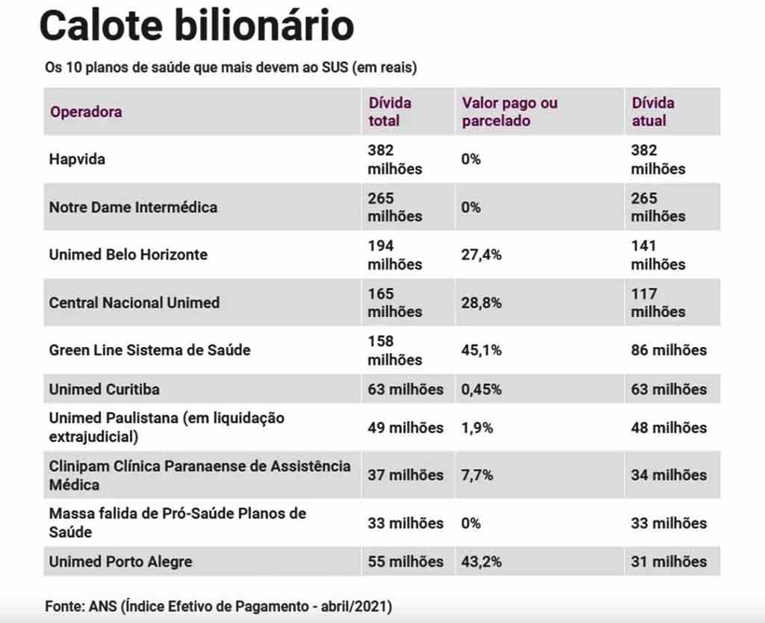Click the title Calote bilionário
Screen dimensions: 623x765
(196, 27)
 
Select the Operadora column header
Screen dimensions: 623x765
(86, 112)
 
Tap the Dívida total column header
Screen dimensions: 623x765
(389, 111)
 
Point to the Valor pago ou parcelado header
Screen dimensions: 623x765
(510, 111)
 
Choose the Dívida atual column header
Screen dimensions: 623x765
(653, 111)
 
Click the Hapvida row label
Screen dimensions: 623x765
(77, 159)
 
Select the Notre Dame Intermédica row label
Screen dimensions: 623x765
(133, 207)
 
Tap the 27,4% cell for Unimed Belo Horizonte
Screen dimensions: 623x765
(481, 254)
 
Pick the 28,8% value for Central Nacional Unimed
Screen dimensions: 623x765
(481, 303)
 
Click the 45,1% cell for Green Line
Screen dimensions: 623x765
(481, 350)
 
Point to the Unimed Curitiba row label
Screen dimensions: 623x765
(104, 389)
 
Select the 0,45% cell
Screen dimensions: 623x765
(481, 389)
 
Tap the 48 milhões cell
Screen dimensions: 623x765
(669, 428)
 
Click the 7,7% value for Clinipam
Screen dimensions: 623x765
(477, 475)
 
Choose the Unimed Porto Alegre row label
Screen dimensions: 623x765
(120, 562)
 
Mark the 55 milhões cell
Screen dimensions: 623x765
(405, 562)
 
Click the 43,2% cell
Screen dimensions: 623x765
(481, 562)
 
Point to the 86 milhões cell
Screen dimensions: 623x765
(669, 350)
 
